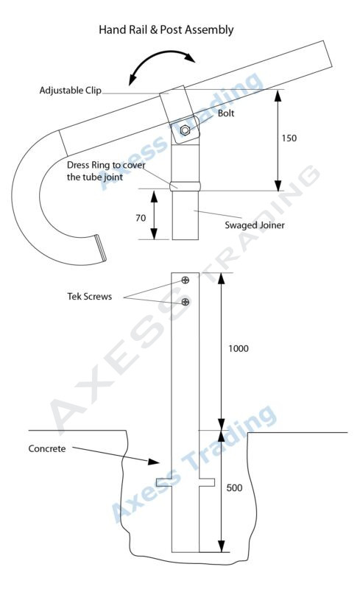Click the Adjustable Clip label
click(x=70, y=91)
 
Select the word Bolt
click(x=227, y=113)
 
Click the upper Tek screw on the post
click(x=185, y=280)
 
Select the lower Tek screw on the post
click(x=185, y=302)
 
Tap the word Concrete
click(x=47, y=448)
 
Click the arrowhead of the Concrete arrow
click(x=155, y=462)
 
